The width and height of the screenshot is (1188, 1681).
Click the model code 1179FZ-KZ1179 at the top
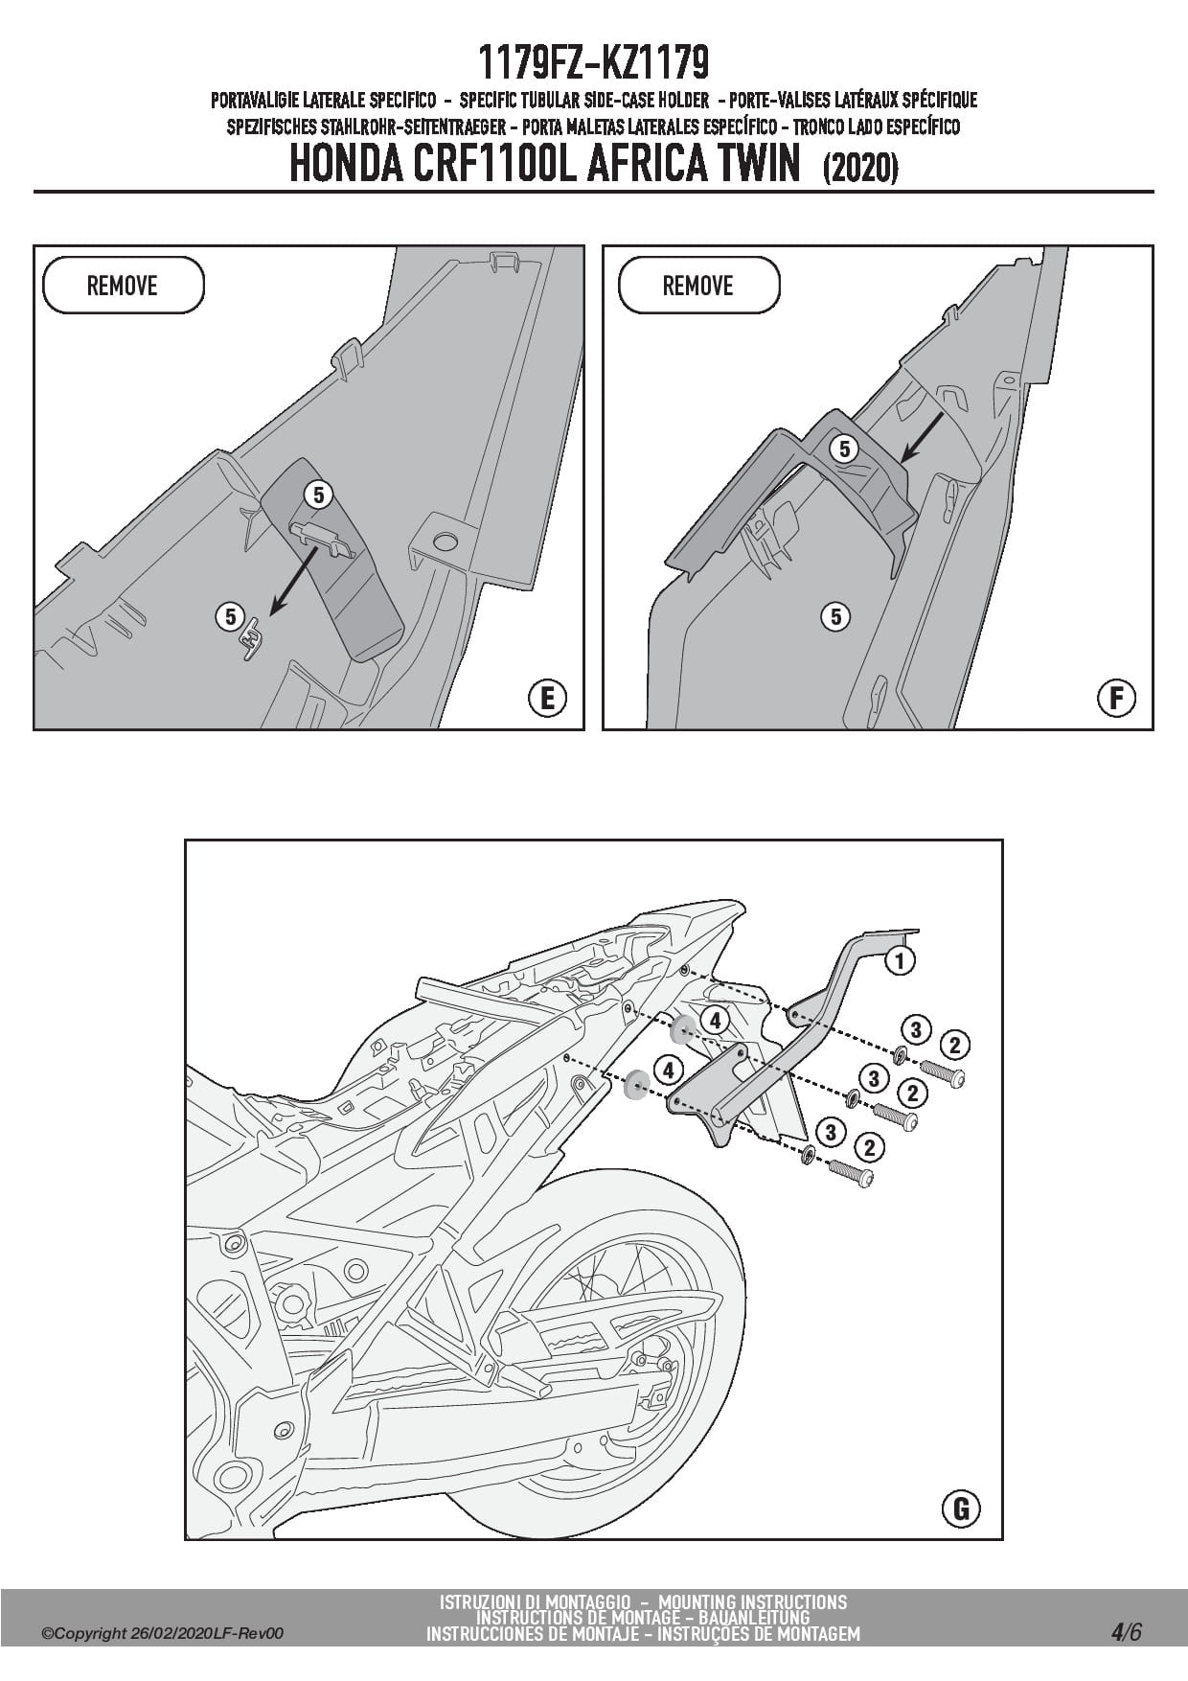click(x=593, y=64)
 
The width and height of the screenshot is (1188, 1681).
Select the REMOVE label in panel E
click(x=123, y=286)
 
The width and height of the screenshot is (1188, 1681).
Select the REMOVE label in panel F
click(x=698, y=286)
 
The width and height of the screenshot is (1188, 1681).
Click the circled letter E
click(x=548, y=698)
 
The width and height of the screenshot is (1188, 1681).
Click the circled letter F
click(x=1116, y=698)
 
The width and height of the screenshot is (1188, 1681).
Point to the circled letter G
click(x=961, y=1509)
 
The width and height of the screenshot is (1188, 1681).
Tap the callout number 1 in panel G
click(x=899, y=959)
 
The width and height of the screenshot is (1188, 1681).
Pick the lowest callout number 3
click(x=831, y=1133)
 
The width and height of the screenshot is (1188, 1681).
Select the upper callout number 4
click(x=715, y=1021)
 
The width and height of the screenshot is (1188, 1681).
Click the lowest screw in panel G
click(x=851, y=1172)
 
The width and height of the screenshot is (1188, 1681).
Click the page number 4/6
click(x=1127, y=1631)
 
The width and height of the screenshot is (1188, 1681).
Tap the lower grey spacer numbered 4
click(x=635, y=1087)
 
